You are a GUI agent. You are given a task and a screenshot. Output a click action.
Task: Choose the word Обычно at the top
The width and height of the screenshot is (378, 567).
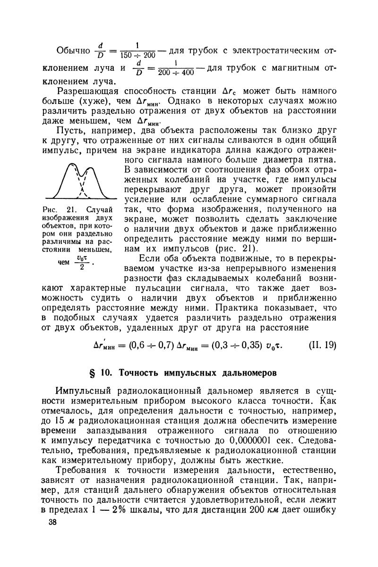point(73,51)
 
